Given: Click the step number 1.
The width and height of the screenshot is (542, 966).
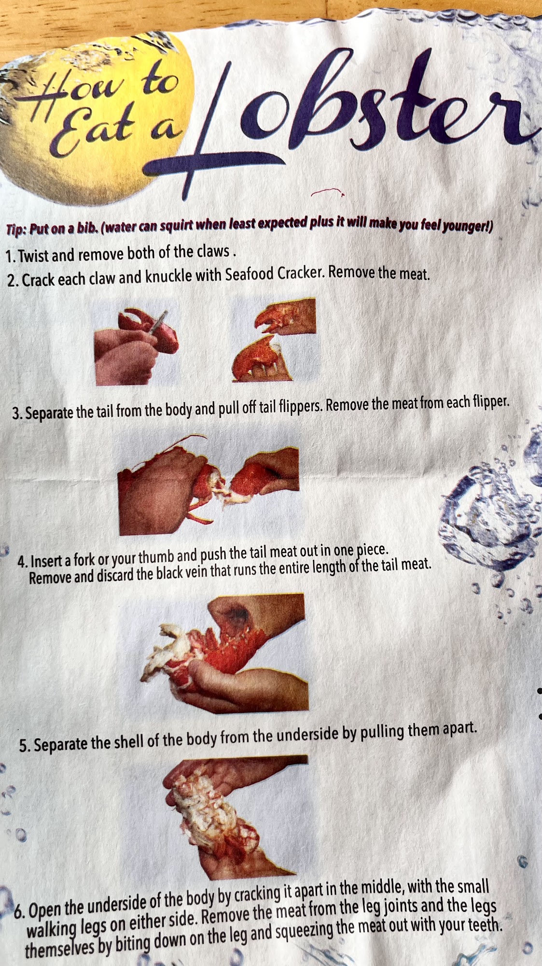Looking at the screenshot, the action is [x=11, y=256].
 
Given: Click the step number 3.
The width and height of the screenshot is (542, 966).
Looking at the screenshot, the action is [x=17, y=414].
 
